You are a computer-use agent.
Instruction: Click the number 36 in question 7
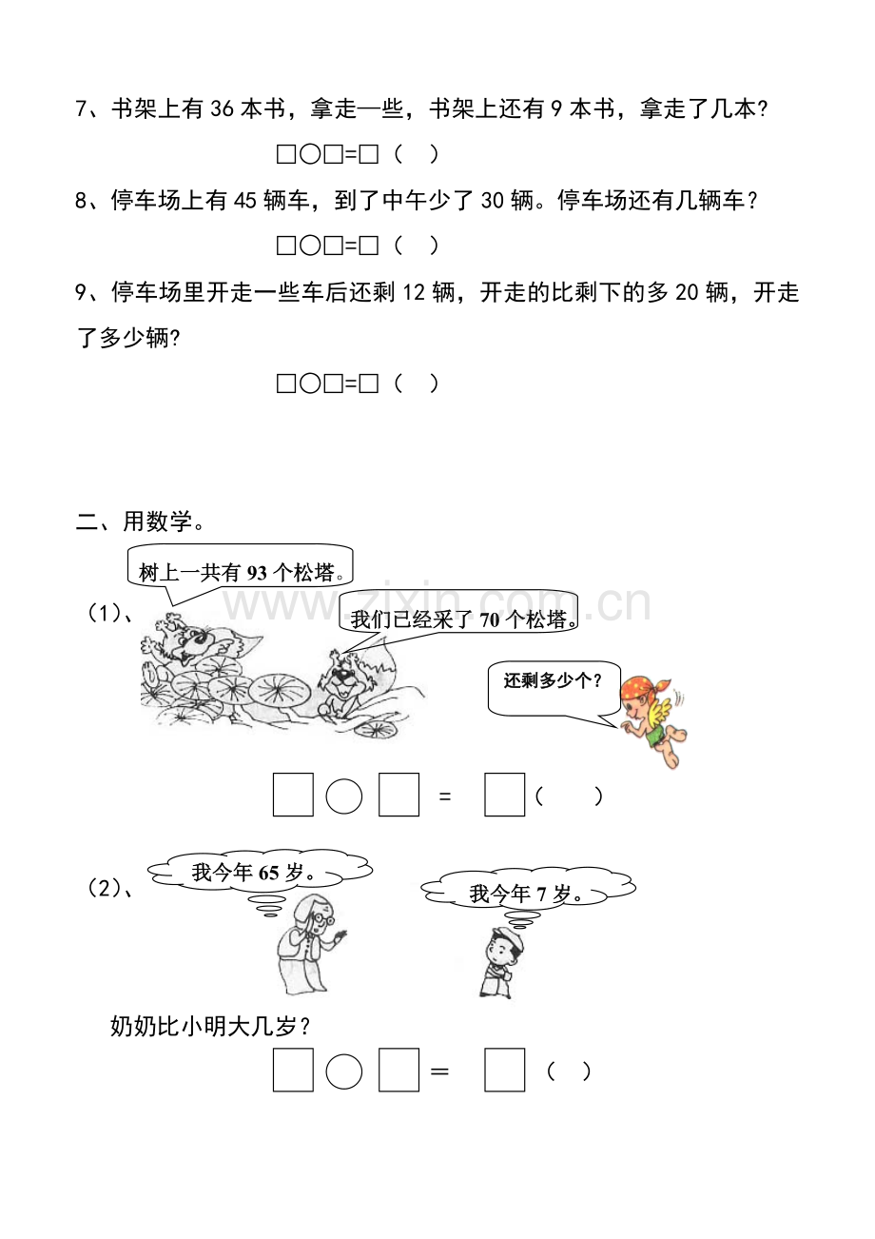pyautogui.click(x=223, y=108)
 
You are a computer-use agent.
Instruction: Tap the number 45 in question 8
pyautogui.click(x=245, y=200)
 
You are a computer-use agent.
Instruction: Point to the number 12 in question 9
pyautogui.click(x=414, y=292)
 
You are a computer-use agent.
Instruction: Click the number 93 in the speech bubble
pyautogui.click(x=257, y=573)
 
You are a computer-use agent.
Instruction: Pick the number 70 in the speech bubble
pyautogui.click(x=490, y=620)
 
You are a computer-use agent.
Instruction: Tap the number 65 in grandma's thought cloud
pyautogui.click(x=268, y=874)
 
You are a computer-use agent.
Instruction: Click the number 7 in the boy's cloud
pyautogui.click(x=542, y=894)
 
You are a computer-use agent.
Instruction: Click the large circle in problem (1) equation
pyautogui.click(x=343, y=796)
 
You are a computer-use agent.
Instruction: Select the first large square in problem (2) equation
pyautogui.click(x=293, y=1071)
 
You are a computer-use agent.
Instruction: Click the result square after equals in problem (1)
pyautogui.click(x=505, y=795)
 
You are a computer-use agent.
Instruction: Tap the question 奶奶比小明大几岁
pyautogui.click(x=210, y=1027)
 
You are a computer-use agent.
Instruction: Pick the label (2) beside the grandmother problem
pyautogui.click(x=109, y=888)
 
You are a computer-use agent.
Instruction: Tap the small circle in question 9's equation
pyautogui.click(x=310, y=383)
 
